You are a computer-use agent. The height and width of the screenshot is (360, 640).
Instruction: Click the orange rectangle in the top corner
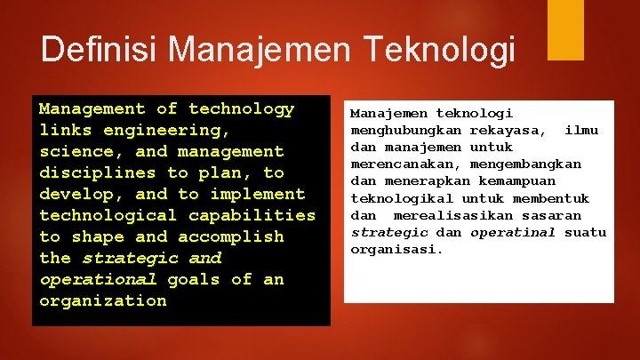(565, 29)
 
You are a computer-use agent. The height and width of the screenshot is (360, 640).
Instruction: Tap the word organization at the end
(103, 301)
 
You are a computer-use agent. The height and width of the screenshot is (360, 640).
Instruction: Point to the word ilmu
(581, 131)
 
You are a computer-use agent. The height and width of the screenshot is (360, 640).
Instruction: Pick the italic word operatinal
(513, 233)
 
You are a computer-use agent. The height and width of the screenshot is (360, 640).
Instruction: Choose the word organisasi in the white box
(394, 250)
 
